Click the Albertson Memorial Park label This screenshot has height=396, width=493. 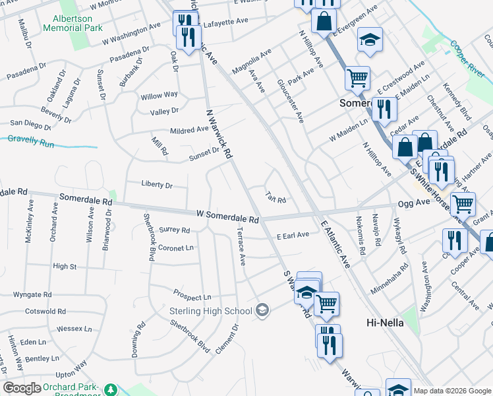[x=72, y=24]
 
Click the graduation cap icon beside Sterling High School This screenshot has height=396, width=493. [x=262, y=310]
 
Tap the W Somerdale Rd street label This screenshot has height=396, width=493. [x=228, y=216]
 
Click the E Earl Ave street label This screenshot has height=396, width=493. [x=293, y=235]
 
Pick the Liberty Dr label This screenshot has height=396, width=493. [x=156, y=185]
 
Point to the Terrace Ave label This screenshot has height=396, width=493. [x=241, y=247]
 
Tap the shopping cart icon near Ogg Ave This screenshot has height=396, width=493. [x=463, y=204]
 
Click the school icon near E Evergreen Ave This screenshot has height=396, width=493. [x=370, y=40]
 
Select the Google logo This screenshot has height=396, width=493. [x=22, y=387]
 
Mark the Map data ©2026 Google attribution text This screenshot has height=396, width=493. [x=452, y=391]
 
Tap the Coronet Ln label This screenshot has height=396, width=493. [x=176, y=248]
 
